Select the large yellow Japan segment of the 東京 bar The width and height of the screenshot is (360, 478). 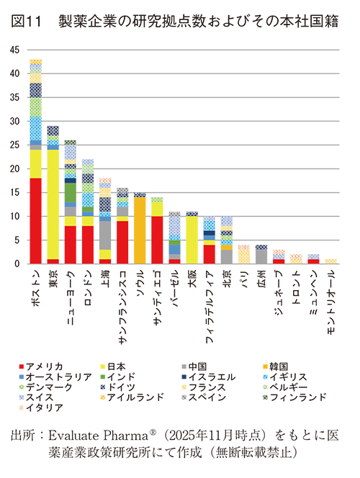point(53,204)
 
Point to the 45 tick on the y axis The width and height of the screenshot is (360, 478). point(15,50)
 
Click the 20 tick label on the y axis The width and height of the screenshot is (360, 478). point(15,168)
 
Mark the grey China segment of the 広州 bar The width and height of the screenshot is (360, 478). point(261,256)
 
